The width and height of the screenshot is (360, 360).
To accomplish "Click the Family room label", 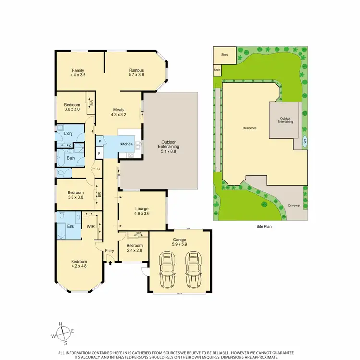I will [x=78, y=70].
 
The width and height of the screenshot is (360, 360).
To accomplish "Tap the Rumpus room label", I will [x=136, y=70].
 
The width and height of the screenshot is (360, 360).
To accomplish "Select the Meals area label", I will [x=118, y=109].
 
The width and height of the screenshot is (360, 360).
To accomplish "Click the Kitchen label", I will [x=126, y=144].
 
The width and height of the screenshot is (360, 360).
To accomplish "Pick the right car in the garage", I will [x=194, y=271].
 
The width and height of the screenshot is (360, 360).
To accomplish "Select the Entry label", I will [x=109, y=250].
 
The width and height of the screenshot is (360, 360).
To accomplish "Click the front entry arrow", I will [x=111, y=262].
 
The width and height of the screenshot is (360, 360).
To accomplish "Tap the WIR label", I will [x=90, y=226].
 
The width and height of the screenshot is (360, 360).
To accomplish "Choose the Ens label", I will [x=70, y=226].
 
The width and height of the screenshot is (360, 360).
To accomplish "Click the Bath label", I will [x=71, y=158].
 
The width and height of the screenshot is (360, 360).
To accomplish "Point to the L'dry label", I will [x=68, y=133].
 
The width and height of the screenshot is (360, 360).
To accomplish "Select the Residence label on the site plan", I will [x=249, y=128].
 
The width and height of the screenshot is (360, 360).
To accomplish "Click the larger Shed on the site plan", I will [x=224, y=55].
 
